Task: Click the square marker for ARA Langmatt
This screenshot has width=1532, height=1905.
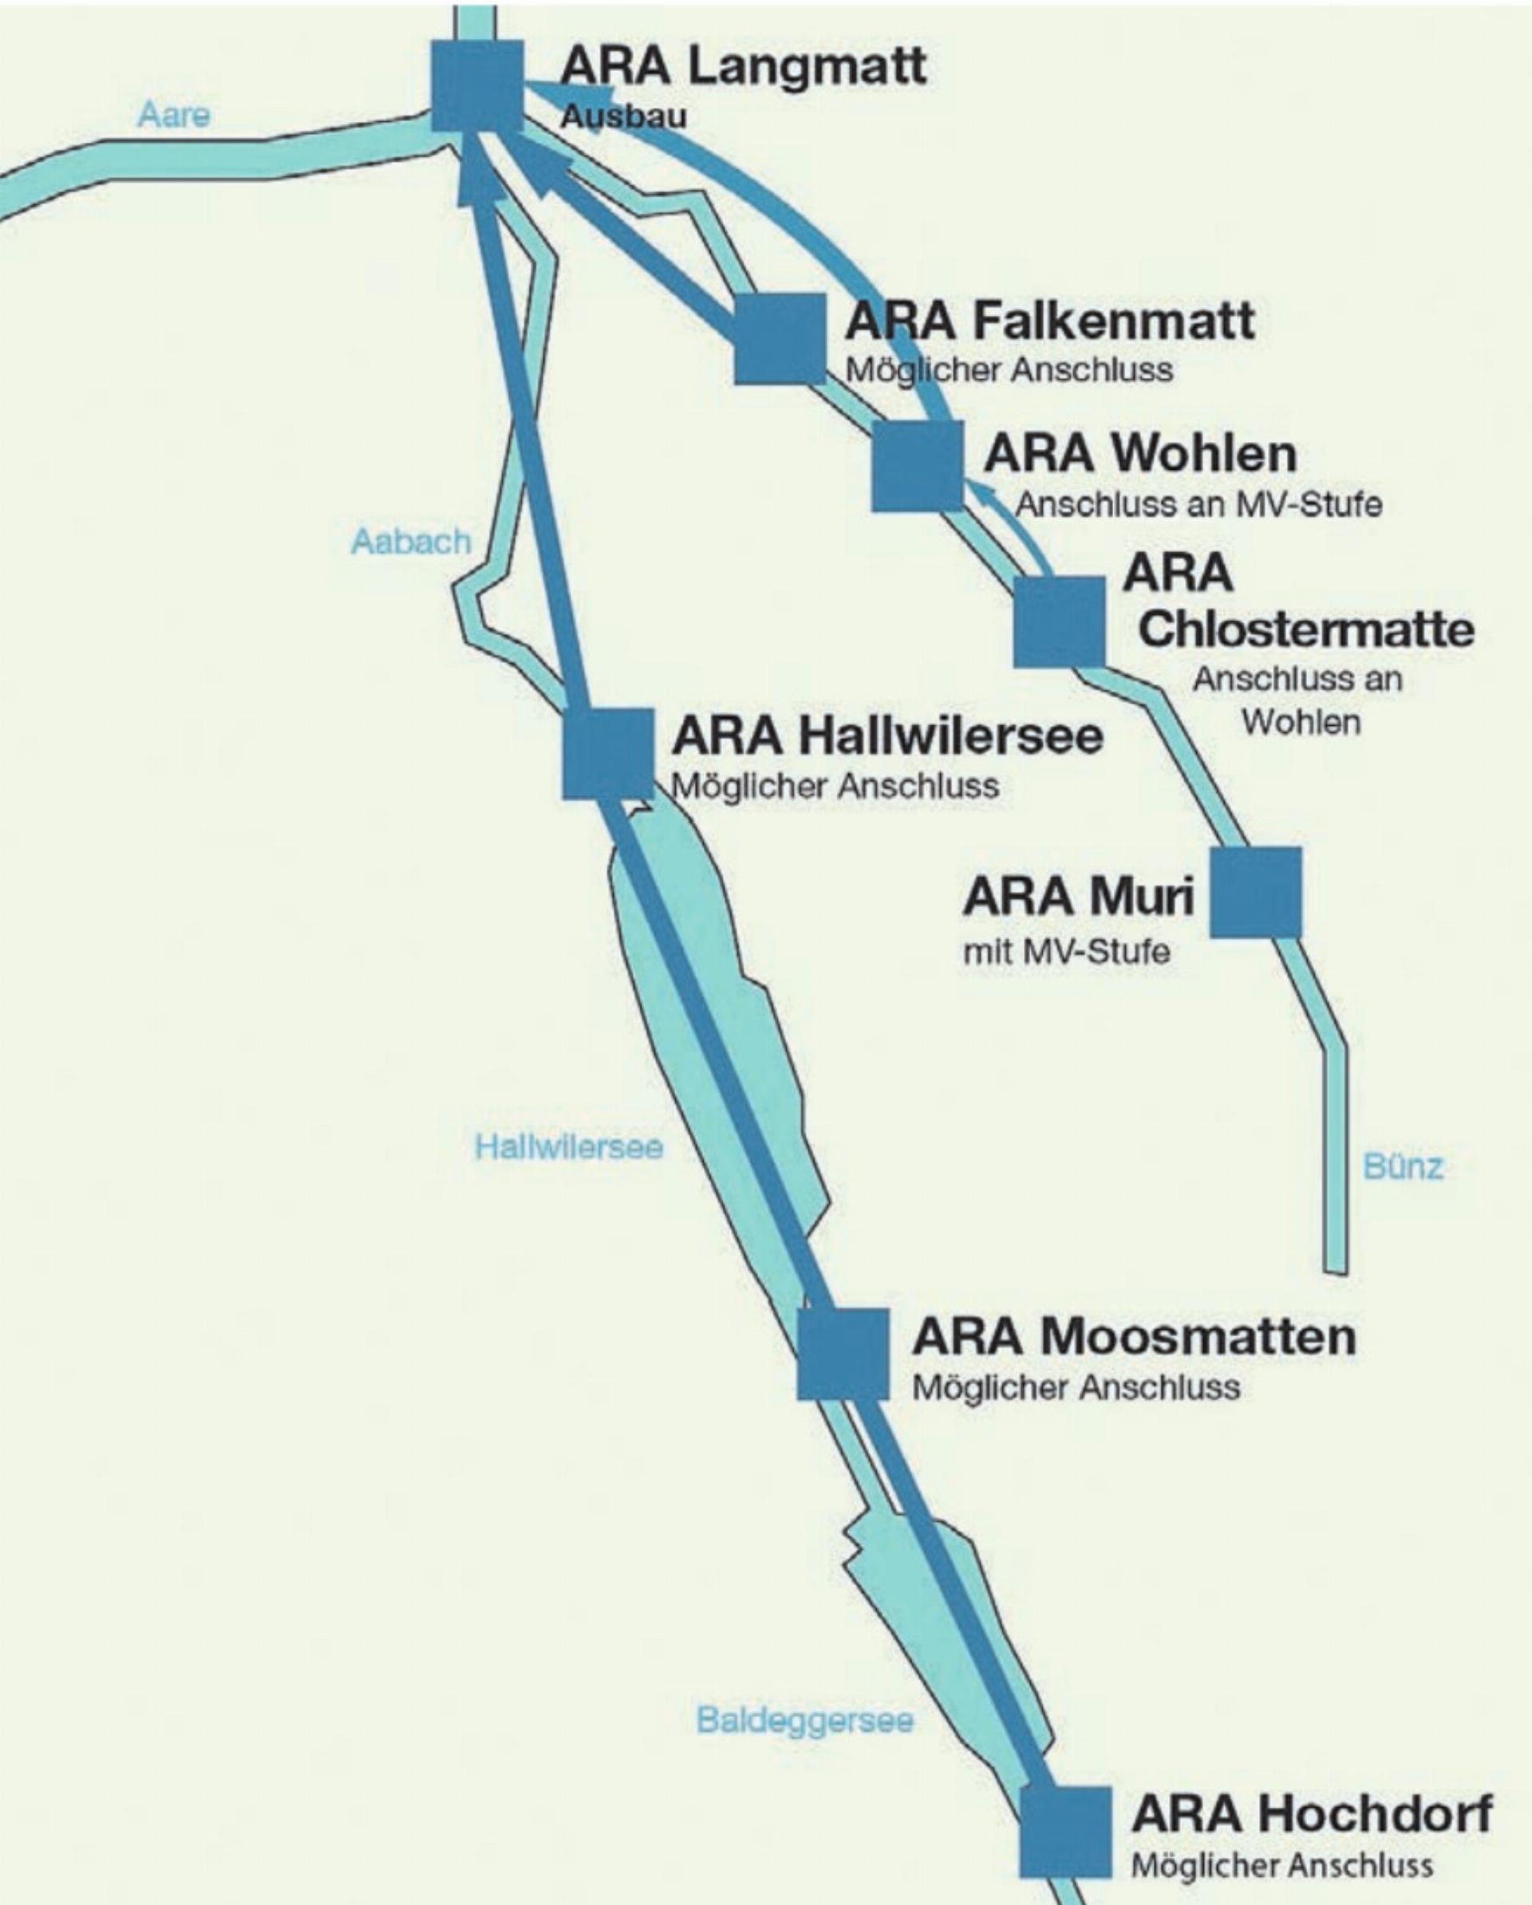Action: [x=476, y=85]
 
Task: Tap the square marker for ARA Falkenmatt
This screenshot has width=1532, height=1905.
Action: [x=780, y=338]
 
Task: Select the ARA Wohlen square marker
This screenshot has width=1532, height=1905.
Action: [x=917, y=466]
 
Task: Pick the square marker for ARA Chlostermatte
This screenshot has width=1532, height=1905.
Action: [x=1059, y=621]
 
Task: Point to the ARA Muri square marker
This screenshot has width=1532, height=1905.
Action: [x=1255, y=892]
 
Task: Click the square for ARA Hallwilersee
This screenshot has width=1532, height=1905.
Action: [x=608, y=754]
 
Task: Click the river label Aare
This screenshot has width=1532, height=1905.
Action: [x=174, y=115]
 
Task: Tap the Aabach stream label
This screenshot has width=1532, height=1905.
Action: [x=411, y=541]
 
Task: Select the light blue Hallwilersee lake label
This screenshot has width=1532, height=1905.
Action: [x=568, y=1147]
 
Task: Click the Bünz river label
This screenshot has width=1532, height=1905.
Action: [x=1403, y=1166]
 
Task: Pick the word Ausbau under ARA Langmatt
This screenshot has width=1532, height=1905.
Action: [x=623, y=116]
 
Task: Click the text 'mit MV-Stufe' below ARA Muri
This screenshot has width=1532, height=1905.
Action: [x=1067, y=952]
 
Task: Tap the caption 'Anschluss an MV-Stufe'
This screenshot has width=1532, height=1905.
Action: [x=1198, y=504]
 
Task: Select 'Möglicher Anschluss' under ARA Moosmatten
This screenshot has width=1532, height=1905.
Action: [x=1076, y=1387]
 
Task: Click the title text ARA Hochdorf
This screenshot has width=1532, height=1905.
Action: [x=1311, y=1813]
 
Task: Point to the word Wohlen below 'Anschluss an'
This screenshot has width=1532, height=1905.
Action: [x=1301, y=722]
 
